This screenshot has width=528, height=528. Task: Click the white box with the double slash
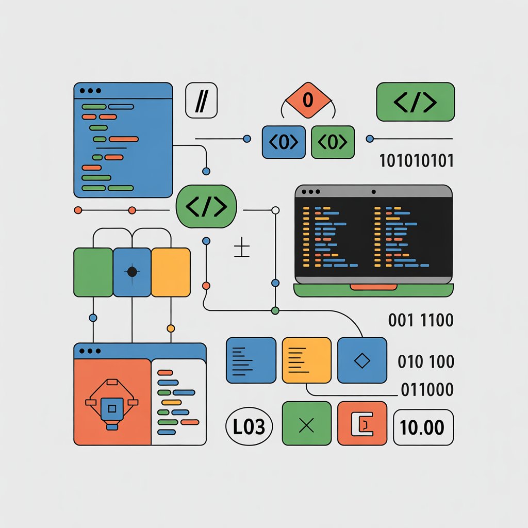[201, 102]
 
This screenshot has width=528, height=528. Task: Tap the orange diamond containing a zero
[307, 100]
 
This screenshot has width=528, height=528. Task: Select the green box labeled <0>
[333, 142]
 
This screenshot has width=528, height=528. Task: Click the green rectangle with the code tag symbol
[415, 103]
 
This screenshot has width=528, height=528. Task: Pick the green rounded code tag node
[206, 207]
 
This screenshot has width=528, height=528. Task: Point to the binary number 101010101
[416, 161]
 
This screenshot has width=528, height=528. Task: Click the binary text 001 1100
[420, 320]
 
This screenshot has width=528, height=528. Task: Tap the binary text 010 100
[426, 361]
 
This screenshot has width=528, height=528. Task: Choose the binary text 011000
[427, 389]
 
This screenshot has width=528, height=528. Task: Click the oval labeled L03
[250, 427]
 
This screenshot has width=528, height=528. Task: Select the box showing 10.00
[423, 427]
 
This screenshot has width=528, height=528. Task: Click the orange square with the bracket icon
[361, 423]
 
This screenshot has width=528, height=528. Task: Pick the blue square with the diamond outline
[362, 360]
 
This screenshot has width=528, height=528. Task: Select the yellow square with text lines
[307, 360]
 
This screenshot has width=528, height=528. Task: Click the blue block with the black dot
[132, 272]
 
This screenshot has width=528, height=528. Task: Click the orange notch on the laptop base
[373, 286]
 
